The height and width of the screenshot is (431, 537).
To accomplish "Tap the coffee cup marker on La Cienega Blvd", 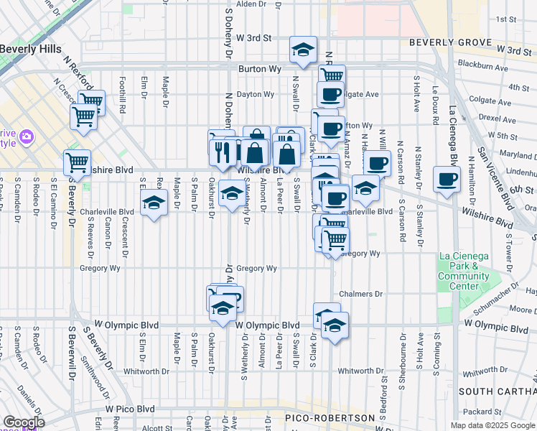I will (447, 180).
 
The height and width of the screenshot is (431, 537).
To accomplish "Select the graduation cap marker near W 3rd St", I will (303, 50).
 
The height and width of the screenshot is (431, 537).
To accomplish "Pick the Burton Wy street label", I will (258, 70).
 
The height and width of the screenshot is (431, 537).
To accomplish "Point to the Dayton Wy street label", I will (256, 94).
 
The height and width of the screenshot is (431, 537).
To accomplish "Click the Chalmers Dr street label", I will (361, 294).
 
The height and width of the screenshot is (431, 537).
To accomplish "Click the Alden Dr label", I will (251, 4).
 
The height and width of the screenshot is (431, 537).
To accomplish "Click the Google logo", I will (24, 422).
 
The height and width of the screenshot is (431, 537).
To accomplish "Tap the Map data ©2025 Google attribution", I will (492, 425).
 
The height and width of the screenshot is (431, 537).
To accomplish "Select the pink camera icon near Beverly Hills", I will (27, 136).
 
